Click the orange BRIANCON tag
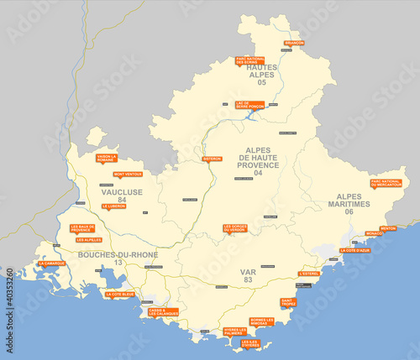tap(294, 42)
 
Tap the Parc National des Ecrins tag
tap(249, 60)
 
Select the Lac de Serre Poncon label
tap(249, 105)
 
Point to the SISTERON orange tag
tap(212, 158)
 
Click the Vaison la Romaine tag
tap(107, 157)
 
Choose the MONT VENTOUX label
tap(128, 174)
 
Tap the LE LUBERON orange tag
tap(113, 206)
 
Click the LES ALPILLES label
tap(89, 240)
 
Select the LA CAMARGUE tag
tap(50, 263)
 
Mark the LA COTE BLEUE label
tap(119, 294)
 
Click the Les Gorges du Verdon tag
tap(235, 227)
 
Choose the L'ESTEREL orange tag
tap(309, 273)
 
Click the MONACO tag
tap(372, 233)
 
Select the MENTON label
tap(388, 227)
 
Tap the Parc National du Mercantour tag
tap(386, 183)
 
